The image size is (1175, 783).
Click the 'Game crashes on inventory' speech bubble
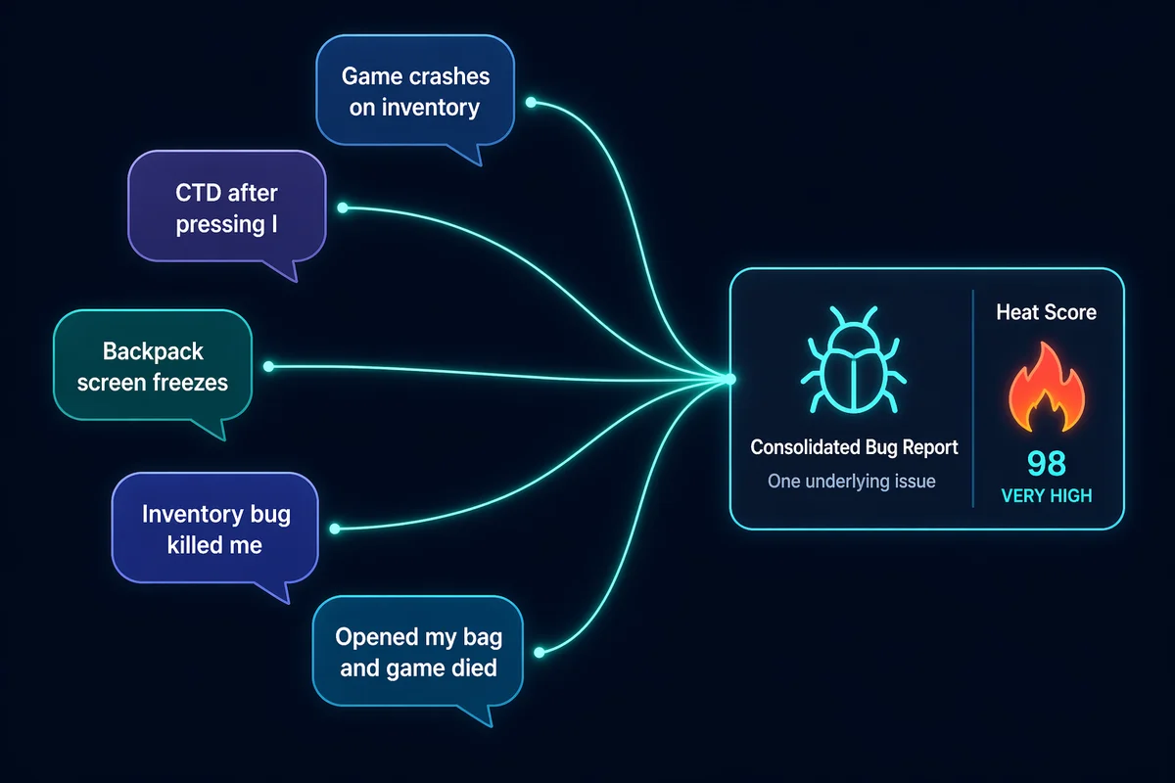tap(414, 92)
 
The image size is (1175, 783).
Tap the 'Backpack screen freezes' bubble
tap(152, 366)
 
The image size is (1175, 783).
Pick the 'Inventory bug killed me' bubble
tap(215, 529)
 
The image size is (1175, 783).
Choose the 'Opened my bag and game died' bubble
tap(418, 653)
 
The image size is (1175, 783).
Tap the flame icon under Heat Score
tap(1045, 390)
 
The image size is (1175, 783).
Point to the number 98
tap(1046, 464)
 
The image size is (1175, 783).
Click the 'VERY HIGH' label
tap(1046, 496)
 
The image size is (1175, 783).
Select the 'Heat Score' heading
tap(1046, 313)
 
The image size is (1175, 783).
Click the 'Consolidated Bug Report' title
tap(854, 447)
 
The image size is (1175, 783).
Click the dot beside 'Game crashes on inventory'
tap(531, 102)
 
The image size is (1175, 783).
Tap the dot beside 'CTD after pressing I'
tap(342, 207)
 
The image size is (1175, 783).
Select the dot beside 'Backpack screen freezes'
tap(268, 367)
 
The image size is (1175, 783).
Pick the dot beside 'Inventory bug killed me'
tap(335, 530)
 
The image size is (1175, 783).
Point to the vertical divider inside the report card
tap(972, 398)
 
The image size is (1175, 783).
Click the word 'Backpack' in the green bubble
tap(152, 350)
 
